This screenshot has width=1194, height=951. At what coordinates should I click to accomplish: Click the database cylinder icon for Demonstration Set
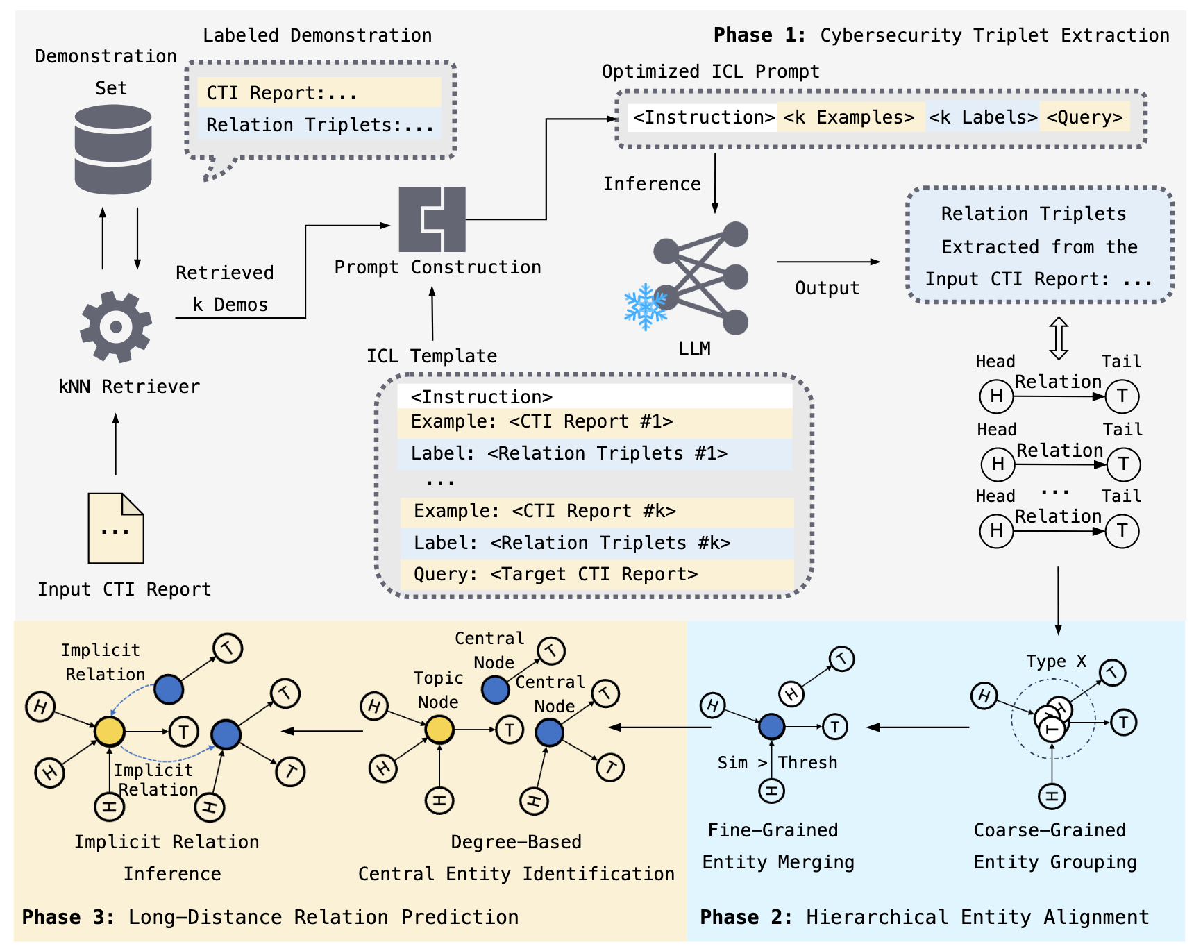pos(113,149)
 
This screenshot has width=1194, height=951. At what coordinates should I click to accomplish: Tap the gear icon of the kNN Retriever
pos(116,326)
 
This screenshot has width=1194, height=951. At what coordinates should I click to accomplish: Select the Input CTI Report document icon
pos(115,528)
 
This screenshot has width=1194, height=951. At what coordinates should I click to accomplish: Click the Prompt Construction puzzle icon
pos(432,219)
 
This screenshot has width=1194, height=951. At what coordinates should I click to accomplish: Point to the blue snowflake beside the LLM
pos(645,306)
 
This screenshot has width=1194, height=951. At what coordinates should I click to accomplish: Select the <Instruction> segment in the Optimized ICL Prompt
pos(703,117)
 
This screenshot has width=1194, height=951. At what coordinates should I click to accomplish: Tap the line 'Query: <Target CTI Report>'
pos(555,574)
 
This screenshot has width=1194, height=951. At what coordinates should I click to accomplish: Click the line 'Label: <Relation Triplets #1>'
pos(569,453)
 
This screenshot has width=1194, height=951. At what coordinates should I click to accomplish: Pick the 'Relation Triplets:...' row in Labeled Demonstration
pos(319,125)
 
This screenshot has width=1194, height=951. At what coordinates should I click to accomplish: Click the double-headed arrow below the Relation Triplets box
pos(1058,338)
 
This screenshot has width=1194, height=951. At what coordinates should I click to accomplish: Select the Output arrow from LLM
pos(828,262)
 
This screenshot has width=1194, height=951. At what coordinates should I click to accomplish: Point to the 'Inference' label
pos(652,184)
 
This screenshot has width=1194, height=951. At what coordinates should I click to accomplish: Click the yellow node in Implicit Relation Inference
pos(109,731)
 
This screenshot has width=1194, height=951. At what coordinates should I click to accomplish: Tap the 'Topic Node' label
pos(438,689)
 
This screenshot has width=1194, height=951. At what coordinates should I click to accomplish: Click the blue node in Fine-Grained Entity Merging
pos(771,726)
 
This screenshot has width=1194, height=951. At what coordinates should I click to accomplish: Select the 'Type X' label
pos(1056,661)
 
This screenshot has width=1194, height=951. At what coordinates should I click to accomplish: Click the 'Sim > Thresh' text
pos(777,762)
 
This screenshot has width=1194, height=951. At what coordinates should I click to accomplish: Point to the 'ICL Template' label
pos(432,356)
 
